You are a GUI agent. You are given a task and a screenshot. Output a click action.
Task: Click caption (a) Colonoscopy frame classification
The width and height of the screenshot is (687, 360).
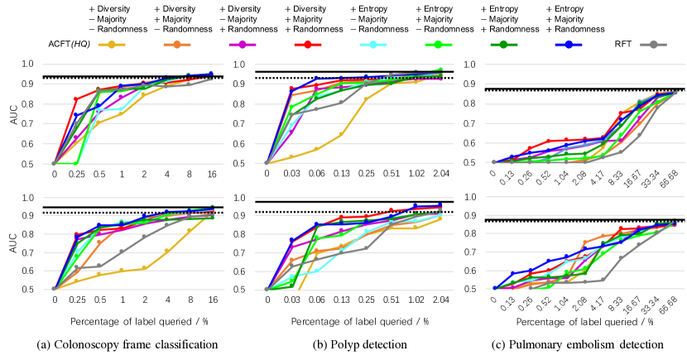click(x=128, y=343)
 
